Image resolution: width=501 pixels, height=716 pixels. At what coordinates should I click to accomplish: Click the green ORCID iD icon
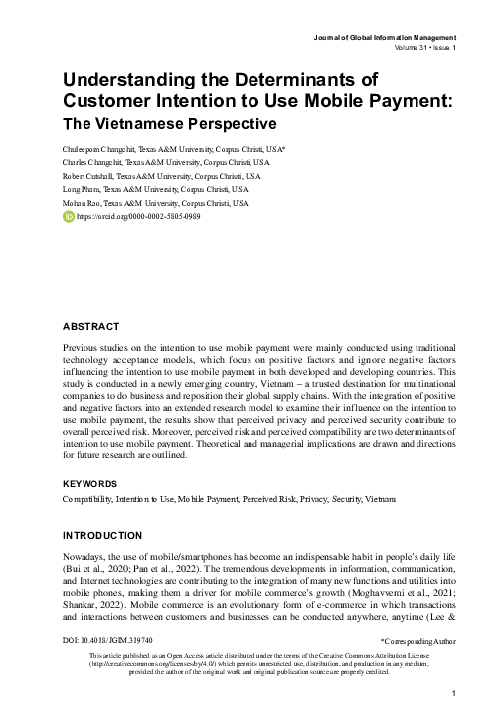pyautogui.click(x=67, y=216)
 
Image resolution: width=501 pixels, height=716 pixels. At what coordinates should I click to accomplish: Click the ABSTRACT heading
pyautogui.click(x=90, y=326)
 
